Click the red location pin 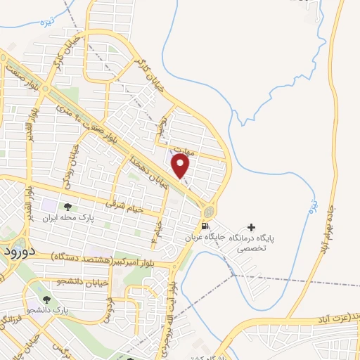click(181, 165)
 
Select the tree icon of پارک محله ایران click(68, 207)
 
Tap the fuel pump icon click(205, 226)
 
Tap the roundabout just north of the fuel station click(209, 210)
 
